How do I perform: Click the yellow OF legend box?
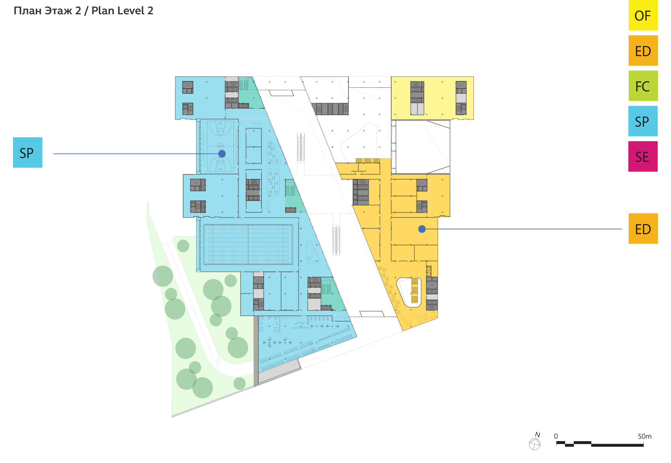[643, 15]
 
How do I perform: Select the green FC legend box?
[643, 86]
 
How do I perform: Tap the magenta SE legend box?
[643, 156]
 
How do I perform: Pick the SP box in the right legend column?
[643, 121]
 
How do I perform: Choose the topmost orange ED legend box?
[643, 51]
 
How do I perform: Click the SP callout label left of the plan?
[28, 152]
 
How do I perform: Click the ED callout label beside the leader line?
[643, 229]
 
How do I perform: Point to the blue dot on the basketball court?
[222, 153]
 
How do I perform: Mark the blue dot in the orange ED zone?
[422, 229]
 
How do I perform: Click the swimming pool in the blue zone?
[248, 245]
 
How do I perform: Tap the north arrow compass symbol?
[535, 444]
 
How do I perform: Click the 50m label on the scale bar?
[645, 436]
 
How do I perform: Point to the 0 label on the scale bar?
[556, 436]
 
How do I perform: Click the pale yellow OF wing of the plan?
[432, 98]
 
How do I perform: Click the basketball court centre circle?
[221, 146]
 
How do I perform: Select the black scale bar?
[600, 444]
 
